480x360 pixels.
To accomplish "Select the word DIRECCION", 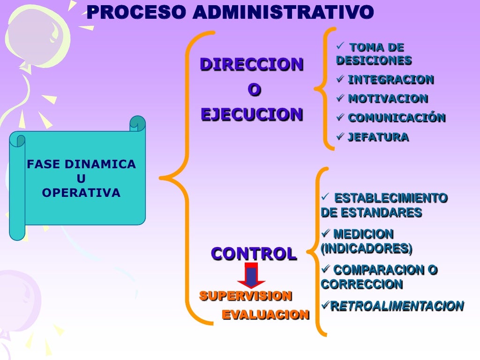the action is point(252,64).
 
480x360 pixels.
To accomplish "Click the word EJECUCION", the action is point(252,114).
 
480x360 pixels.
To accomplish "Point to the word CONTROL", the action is point(254,254).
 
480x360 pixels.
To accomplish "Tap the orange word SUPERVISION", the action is point(246,296).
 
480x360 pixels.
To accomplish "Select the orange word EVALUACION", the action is point(265,315).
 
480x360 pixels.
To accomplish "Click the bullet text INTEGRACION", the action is point(390,80).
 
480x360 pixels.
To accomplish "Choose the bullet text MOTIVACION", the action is point(388,99).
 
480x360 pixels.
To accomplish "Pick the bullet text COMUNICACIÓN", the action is point(396,118).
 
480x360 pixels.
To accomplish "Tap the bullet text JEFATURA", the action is point(378,137).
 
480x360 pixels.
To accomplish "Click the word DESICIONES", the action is point(374,60).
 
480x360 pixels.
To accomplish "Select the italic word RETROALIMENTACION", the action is point(397,307).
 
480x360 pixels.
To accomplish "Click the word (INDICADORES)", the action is point(367,249).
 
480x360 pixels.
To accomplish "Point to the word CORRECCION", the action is point(355,285).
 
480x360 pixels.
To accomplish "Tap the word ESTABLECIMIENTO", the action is point(391,198).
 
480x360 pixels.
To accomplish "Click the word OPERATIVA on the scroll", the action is point(81,193).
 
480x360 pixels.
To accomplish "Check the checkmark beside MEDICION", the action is point(326,233).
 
